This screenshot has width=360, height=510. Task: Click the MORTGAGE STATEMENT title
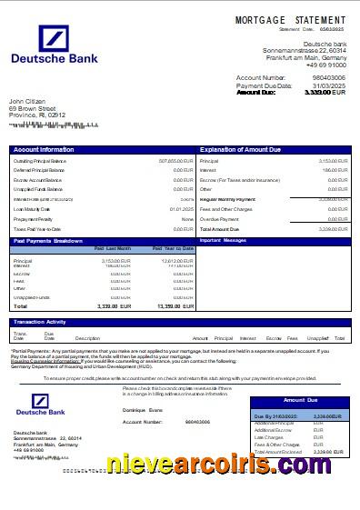pyautogui.click(x=290, y=20)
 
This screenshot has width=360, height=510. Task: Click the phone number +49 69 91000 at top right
pyautogui.click(x=326, y=64)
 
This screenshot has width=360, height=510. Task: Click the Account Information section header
pyautogui.click(x=44, y=149)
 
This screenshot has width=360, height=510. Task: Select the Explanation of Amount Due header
pyautogui.click(x=241, y=149)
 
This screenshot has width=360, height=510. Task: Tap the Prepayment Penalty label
pyautogui.click(x=35, y=219)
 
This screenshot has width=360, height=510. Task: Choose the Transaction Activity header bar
pyautogui.click(x=39, y=322)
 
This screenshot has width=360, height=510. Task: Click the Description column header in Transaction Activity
pyautogui.click(x=87, y=338)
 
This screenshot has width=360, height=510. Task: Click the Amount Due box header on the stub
pyautogui.click(x=300, y=400)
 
